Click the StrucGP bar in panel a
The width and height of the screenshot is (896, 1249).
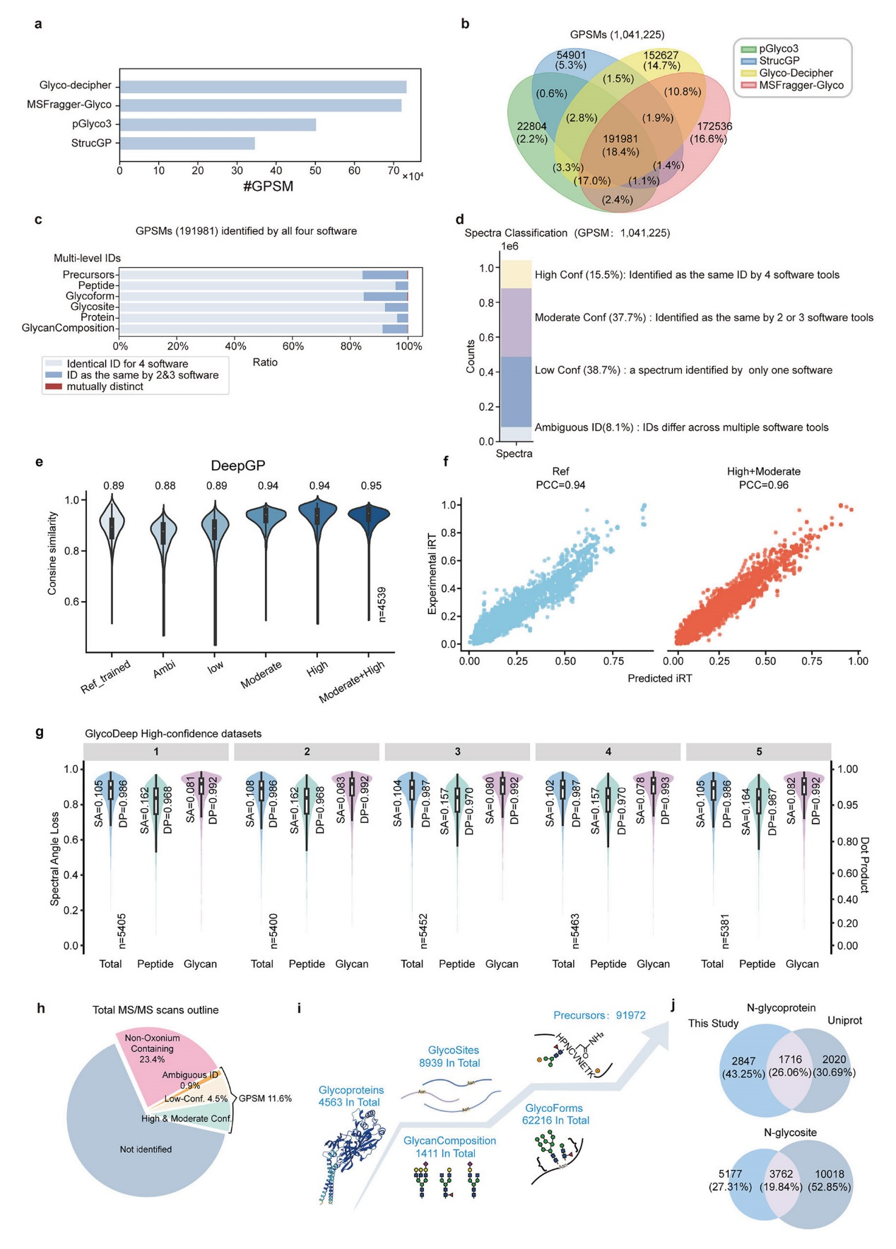click(x=187, y=143)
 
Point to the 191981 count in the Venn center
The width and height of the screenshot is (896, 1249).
click(x=620, y=139)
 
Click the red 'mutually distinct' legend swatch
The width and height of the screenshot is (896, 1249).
click(x=54, y=386)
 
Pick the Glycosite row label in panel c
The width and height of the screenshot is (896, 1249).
click(x=93, y=307)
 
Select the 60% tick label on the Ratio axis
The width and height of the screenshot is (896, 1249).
click(x=293, y=346)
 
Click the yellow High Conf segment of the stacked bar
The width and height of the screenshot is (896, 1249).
click(x=516, y=274)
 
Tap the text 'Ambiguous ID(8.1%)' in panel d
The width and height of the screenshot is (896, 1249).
click(x=584, y=427)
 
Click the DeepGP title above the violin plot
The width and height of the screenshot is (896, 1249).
click(x=238, y=466)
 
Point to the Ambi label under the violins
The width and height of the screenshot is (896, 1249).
click(x=164, y=668)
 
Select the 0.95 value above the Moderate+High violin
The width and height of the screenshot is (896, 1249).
click(x=371, y=486)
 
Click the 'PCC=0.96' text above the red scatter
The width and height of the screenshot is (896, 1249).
click(x=763, y=485)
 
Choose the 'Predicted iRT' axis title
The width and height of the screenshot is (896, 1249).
click(x=659, y=678)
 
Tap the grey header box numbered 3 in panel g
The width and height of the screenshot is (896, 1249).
click(x=457, y=752)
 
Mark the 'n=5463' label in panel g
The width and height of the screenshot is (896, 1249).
click(x=574, y=930)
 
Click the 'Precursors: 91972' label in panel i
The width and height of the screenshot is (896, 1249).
click(x=599, y=1015)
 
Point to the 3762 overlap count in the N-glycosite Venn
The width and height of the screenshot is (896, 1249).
click(x=781, y=1174)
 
